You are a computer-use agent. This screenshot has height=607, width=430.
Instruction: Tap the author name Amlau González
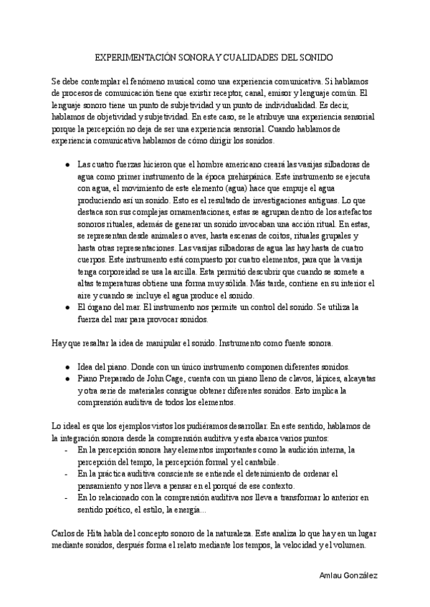[348, 576]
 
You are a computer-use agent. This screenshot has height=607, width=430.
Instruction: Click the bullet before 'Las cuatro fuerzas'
[67, 163]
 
